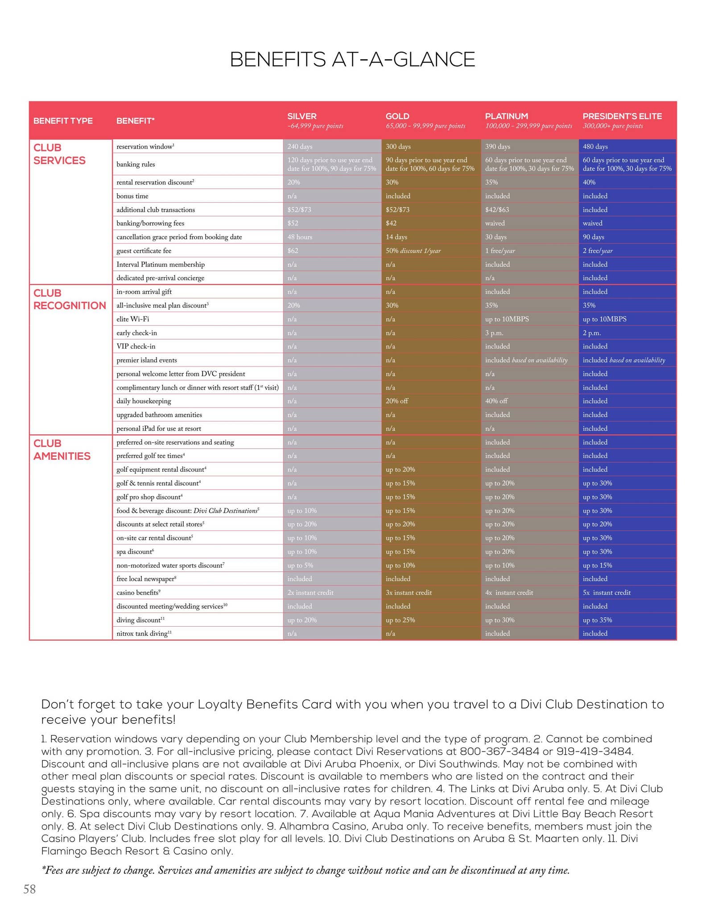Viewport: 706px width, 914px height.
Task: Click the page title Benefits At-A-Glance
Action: (x=352, y=60)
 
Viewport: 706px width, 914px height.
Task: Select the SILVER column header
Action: (x=302, y=116)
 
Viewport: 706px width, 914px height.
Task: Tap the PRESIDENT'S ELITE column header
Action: (x=622, y=116)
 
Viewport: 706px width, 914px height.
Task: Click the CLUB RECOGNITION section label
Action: (x=70, y=299)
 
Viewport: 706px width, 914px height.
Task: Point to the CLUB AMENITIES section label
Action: (x=62, y=450)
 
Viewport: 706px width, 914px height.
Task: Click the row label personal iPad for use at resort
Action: (x=159, y=428)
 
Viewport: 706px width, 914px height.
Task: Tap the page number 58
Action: (x=29, y=889)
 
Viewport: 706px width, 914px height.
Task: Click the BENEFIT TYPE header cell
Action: (x=63, y=121)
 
